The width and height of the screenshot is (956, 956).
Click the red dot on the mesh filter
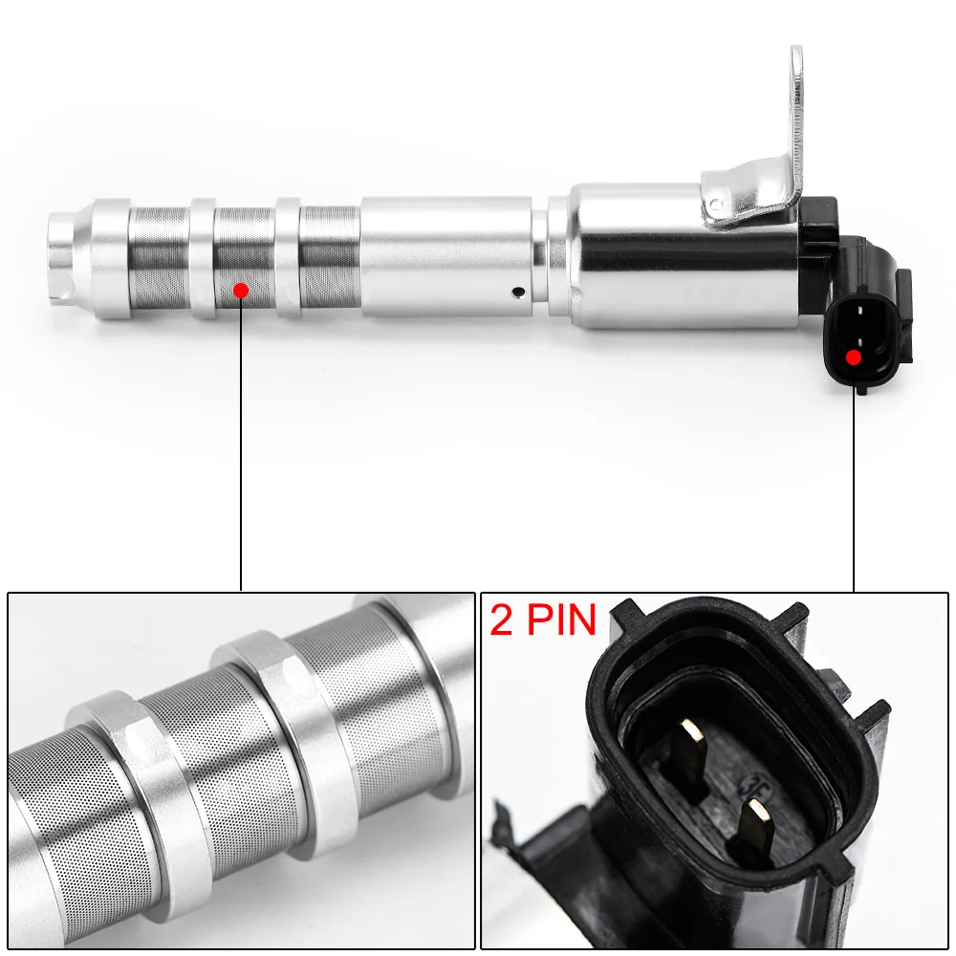pos(241,289)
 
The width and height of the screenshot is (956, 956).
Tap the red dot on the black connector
pos(854,358)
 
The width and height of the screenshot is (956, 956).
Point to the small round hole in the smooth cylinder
pos(517,292)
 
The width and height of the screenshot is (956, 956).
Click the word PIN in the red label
pos(558,620)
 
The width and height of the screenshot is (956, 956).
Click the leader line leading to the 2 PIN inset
pos(854,478)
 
